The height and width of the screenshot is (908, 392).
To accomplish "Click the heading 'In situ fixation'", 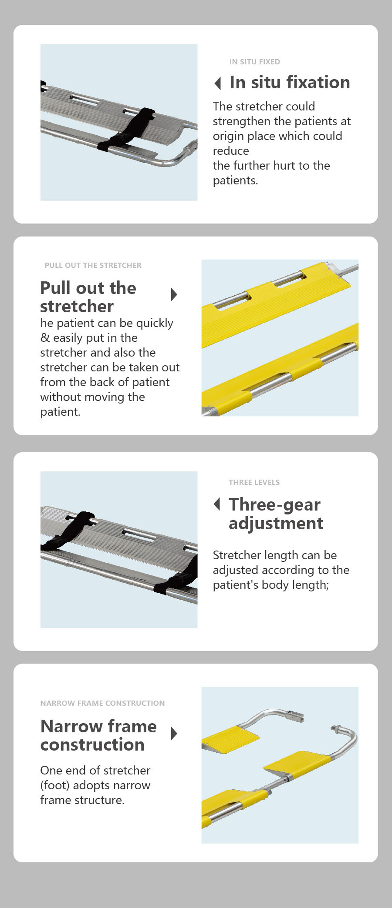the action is click(290, 82).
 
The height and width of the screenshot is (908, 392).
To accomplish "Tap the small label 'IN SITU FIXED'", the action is click(255, 62).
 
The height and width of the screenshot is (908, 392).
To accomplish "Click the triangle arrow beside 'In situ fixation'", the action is click(218, 83).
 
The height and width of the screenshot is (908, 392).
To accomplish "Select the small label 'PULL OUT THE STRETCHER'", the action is click(93, 265).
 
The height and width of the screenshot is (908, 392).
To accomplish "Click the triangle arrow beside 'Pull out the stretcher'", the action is click(174, 294).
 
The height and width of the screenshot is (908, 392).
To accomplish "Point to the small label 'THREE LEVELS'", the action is click(254, 482).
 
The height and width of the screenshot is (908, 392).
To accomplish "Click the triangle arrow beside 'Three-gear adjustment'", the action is click(217, 504).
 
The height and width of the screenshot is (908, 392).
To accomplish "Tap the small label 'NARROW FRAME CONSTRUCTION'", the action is click(103, 703).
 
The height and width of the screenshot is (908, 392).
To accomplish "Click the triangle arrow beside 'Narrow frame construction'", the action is click(174, 734).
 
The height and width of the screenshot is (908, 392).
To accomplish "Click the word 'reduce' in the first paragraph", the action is click(231, 151).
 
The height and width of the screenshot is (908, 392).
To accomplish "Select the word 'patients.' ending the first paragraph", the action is click(236, 180).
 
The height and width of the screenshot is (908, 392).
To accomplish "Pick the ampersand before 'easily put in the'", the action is click(45, 338).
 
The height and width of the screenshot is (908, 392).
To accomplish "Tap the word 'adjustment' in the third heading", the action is click(276, 523).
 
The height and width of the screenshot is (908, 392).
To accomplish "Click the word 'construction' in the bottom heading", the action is click(92, 745).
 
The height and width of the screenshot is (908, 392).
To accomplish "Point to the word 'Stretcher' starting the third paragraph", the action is click(236, 555).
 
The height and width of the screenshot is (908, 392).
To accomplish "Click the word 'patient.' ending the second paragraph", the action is click(60, 412).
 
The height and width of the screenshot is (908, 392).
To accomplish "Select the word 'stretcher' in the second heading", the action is click(77, 307).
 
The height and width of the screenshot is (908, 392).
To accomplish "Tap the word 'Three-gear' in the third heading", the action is click(275, 505).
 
